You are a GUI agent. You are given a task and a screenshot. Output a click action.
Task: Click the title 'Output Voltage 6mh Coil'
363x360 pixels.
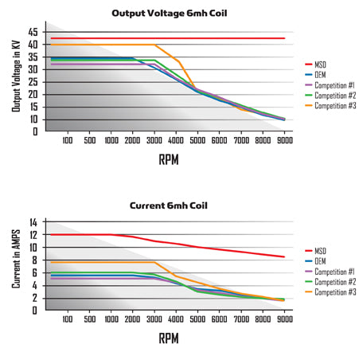(x=169, y=14)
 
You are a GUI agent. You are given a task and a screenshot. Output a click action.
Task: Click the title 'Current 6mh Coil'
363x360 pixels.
(x=169, y=205)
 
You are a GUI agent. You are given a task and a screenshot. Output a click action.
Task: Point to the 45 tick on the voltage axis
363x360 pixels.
(x=33, y=32)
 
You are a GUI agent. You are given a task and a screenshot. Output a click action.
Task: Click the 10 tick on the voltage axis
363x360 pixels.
(x=33, y=119)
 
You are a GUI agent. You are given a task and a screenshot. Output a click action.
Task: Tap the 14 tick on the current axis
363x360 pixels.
(x=33, y=222)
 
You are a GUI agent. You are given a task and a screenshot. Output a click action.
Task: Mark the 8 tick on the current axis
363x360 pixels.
(x=34, y=260)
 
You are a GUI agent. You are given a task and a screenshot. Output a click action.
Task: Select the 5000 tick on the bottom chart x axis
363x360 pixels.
(x=198, y=319)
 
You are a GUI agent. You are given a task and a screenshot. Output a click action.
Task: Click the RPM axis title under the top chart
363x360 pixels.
(x=169, y=160)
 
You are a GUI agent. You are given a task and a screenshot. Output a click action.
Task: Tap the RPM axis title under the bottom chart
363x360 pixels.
(x=169, y=338)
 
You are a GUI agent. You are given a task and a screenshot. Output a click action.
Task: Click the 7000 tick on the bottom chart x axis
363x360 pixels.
(x=241, y=319)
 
